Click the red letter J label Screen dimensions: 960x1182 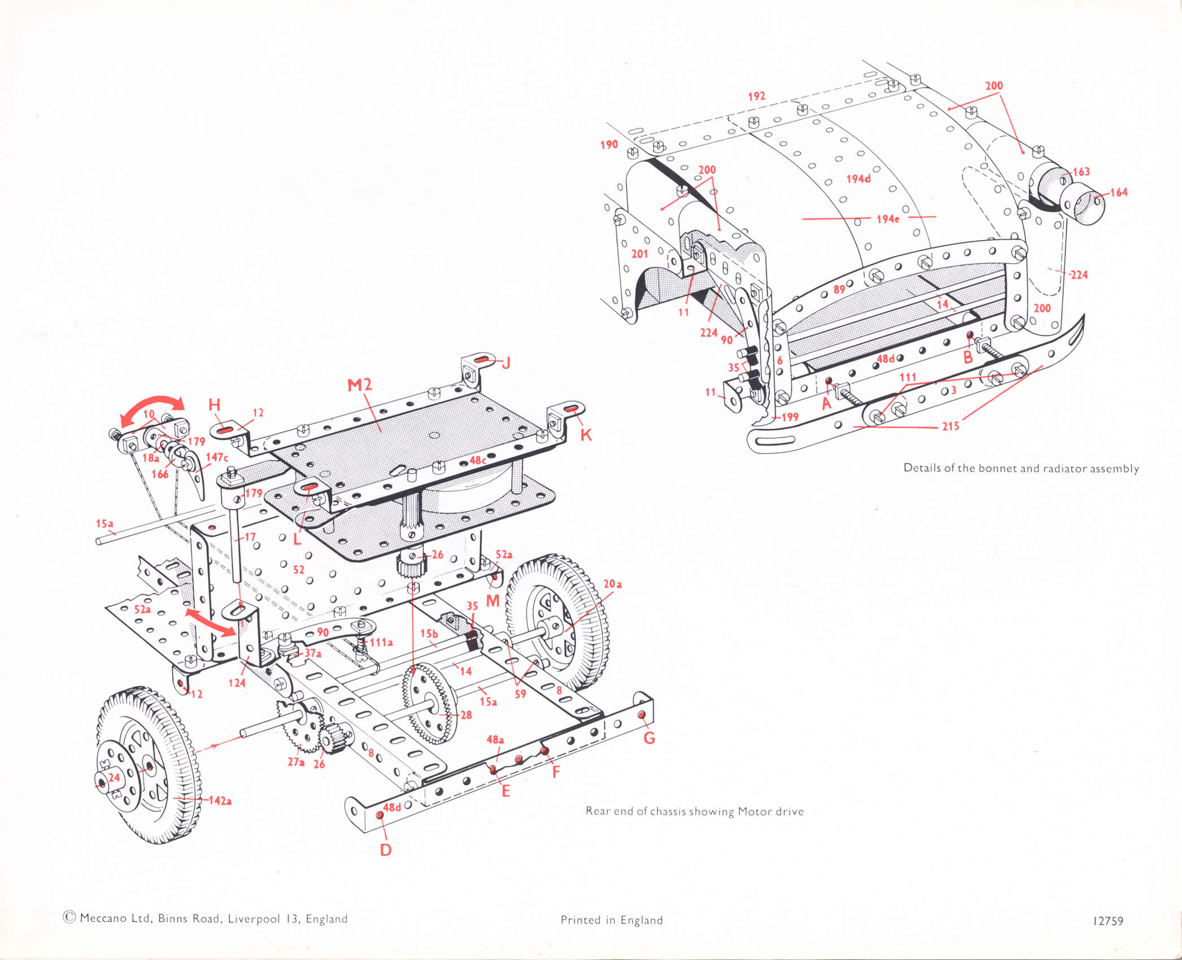click(x=506, y=363)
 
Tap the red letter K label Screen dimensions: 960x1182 click(x=586, y=435)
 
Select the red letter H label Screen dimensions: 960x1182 click(x=215, y=404)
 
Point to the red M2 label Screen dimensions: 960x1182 click(x=360, y=385)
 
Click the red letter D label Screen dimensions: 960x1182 click(x=386, y=850)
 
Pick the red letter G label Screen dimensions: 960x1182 click(x=649, y=738)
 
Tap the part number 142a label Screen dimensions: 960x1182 click(x=220, y=801)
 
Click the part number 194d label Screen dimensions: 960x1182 click(x=858, y=179)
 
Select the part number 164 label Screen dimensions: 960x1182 click(x=1118, y=193)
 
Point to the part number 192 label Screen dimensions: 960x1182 click(x=757, y=97)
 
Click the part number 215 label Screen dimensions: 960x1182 click(x=950, y=426)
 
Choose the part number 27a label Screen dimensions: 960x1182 click(x=296, y=762)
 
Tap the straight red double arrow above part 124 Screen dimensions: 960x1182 click(x=210, y=621)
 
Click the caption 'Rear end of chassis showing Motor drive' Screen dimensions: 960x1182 click(x=694, y=811)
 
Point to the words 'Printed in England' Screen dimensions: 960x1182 click(x=612, y=920)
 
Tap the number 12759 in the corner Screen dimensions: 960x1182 click(x=1108, y=921)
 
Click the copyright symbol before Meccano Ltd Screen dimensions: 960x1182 click(x=69, y=918)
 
